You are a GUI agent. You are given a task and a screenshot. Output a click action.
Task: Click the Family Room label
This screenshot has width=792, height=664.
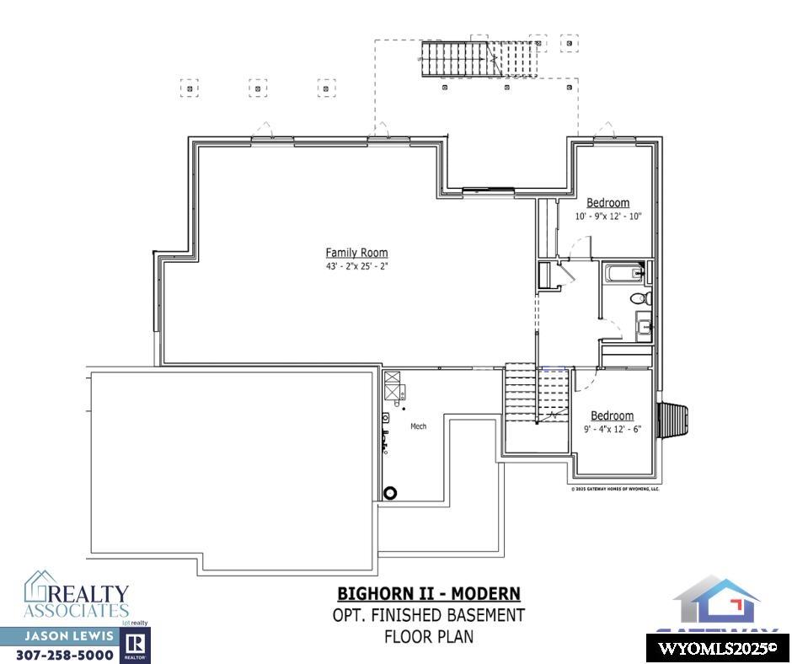click(356, 253)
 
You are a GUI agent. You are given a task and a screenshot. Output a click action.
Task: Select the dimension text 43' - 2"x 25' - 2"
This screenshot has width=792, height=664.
click(356, 266)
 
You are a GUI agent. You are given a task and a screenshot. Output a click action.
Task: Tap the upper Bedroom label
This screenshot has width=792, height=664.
click(607, 203)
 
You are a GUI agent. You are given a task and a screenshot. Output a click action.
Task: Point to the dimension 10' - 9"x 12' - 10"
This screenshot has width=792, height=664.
click(608, 217)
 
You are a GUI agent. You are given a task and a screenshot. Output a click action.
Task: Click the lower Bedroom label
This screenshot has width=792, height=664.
click(612, 416)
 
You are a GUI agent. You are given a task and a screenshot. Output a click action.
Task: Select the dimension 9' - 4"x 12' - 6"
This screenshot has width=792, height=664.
click(612, 429)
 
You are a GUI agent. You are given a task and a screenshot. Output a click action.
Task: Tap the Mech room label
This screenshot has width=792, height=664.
click(418, 426)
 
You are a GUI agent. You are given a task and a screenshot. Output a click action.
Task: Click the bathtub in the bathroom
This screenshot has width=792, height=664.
click(624, 273)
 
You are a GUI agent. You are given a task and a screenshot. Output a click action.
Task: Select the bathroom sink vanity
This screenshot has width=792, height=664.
click(644, 326)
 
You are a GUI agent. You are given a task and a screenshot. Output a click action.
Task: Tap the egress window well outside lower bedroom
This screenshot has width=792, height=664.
click(676, 415)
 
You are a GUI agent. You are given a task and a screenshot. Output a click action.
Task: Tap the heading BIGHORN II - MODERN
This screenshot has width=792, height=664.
click(429, 594)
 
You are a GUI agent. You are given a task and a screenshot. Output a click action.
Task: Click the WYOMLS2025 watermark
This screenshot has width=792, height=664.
click(717, 648)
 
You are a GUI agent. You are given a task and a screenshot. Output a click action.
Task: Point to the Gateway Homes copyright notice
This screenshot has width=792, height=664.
click(615, 488)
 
